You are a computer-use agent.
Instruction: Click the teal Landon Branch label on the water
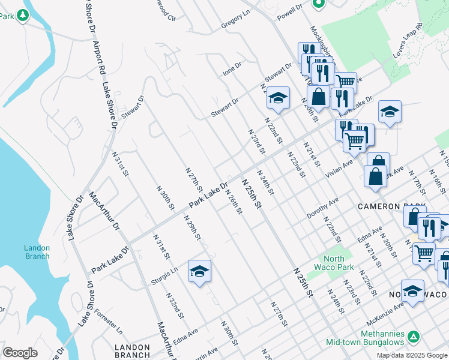click(x=37, y=252)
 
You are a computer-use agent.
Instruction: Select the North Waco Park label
click(x=330, y=263)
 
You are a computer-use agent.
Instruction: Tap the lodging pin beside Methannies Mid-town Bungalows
click(x=413, y=337)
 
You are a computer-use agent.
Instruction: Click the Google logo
click(x=20, y=353)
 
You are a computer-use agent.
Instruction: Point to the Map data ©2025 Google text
click(x=412, y=355)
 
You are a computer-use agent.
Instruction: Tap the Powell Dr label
click(x=289, y=10)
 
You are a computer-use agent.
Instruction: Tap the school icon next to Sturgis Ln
click(x=199, y=272)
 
